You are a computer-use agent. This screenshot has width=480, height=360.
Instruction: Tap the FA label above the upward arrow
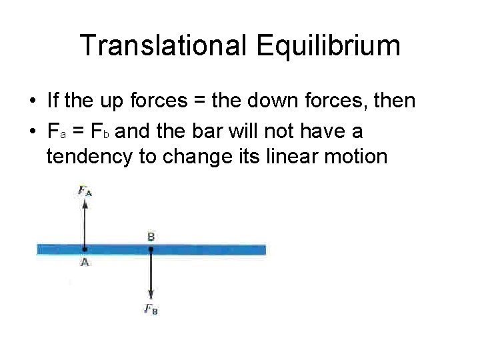point(85,191)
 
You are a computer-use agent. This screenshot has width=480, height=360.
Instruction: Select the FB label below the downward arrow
point(151,309)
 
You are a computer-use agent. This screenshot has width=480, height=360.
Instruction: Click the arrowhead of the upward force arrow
point(85,204)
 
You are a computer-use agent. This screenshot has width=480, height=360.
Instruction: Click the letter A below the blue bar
point(85,263)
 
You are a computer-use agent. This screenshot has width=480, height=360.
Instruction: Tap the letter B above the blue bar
point(151,237)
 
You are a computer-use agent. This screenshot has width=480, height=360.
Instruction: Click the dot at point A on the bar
point(85,250)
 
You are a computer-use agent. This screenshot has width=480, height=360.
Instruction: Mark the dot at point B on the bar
point(151,250)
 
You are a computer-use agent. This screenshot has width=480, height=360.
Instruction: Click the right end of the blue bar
point(264,250)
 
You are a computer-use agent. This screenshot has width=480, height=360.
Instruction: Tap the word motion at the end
point(357,157)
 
